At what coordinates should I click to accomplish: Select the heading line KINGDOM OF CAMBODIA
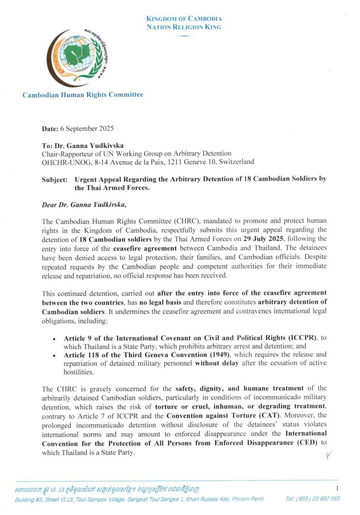(x=184, y=19)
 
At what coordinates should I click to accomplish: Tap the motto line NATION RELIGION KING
(x=184, y=27)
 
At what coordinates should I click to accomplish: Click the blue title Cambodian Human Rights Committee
(x=83, y=95)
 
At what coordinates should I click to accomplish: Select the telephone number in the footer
(x=313, y=499)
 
